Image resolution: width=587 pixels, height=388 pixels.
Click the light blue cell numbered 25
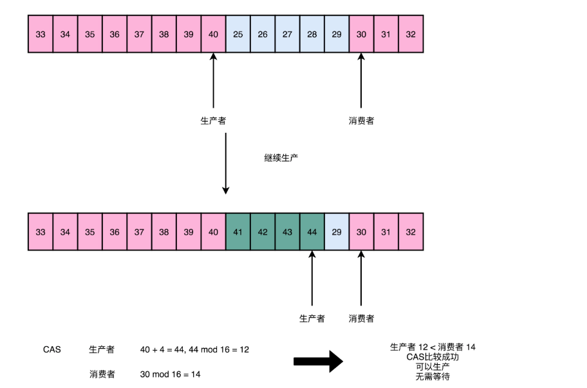(x=238, y=34)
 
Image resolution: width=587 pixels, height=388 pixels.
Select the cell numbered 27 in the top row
(x=287, y=34)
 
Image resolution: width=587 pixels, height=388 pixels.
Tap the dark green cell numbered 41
(x=238, y=232)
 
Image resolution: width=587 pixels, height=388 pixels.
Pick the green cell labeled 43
(x=287, y=232)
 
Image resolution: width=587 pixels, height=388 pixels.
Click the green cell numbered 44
(x=312, y=232)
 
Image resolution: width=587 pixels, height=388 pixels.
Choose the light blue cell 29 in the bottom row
(x=337, y=232)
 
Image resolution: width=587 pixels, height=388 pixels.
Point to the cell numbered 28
(x=312, y=34)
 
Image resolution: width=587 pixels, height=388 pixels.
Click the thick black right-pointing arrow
(x=319, y=361)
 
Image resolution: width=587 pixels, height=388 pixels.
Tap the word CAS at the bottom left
(x=52, y=349)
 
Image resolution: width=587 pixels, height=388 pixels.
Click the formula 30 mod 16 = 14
(x=170, y=374)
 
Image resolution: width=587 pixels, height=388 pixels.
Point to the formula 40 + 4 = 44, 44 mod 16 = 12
(x=194, y=349)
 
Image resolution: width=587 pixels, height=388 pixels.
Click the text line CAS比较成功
(x=433, y=356)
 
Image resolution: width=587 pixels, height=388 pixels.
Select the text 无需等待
(x=433, y=376)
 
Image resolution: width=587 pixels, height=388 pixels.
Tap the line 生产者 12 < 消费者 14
(x=433, y=347)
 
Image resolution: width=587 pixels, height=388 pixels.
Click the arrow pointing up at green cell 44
(x=312, y=277)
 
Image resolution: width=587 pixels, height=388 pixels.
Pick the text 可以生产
(x=433, y=367)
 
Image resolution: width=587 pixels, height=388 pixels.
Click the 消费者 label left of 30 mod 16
(x=102, y=374)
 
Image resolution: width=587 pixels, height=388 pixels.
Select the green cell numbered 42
(x=263, y=232)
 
